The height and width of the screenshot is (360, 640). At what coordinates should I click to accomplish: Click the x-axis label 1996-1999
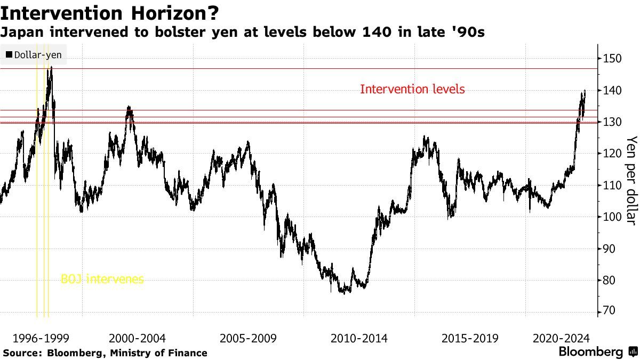click(41, 338)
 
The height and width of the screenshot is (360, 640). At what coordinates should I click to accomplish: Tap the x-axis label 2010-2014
click(359, 338)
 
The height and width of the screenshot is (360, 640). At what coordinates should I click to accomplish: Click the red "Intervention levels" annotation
click(412, 89)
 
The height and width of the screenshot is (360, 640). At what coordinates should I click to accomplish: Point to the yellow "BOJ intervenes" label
click(102, 279)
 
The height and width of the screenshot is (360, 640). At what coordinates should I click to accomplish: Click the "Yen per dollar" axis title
click(631, 180)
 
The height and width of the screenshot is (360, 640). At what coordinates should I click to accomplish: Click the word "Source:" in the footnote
click(23, 353)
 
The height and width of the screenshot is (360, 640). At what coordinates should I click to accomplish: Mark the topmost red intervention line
click(320, 68)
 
